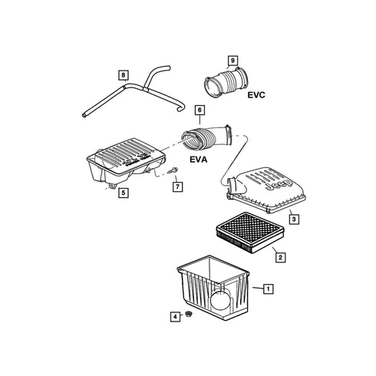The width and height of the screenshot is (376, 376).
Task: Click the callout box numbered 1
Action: (268, 289)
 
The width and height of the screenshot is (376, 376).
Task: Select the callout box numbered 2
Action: (280, 257)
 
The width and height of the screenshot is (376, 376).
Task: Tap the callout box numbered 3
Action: (294, 219)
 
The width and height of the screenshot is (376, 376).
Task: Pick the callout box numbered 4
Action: (175, 317)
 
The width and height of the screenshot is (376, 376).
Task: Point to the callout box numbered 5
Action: (124, 193)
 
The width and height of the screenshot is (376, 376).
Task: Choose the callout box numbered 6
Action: (200, 110)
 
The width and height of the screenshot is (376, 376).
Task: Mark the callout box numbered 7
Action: (177, 186)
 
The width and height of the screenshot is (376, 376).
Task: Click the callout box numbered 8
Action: (124, 75)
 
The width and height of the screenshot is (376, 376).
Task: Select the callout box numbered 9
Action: (233, 61)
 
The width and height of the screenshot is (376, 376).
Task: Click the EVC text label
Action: (256, 95)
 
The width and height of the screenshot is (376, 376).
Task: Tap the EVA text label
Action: (199, 160)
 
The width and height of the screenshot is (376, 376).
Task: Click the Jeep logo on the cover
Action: (279, 185)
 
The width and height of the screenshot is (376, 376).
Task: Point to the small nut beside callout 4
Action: (189, 314)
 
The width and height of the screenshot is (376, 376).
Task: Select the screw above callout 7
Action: (173, 170)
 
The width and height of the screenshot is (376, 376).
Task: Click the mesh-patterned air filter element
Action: (250, 232)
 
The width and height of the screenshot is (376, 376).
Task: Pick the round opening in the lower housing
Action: (221, 300)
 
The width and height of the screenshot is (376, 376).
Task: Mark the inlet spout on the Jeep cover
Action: (234, 186)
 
